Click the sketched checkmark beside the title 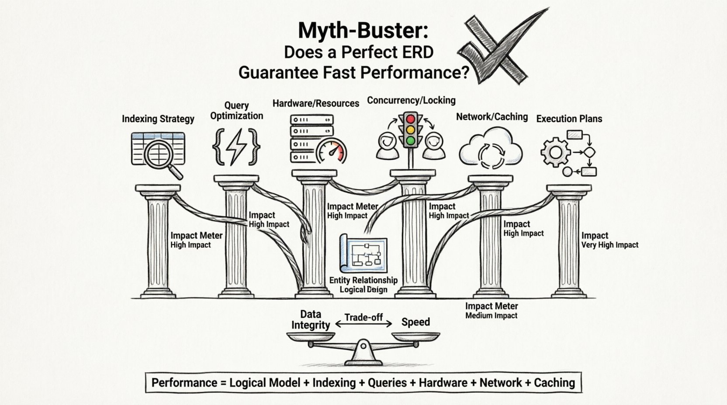(502, 48)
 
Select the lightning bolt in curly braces (236, 147)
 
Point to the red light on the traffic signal (410, 118)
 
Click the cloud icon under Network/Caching (491, 149)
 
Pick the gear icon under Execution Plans (555, 152)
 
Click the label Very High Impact (609, 245)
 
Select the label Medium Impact (491, 316)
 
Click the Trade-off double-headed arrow (363, 324)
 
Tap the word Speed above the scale (415, 322)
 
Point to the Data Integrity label (311, 320)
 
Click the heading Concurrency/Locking (411, 100)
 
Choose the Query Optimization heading (236, 111)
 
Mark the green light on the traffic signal (410, 141)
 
